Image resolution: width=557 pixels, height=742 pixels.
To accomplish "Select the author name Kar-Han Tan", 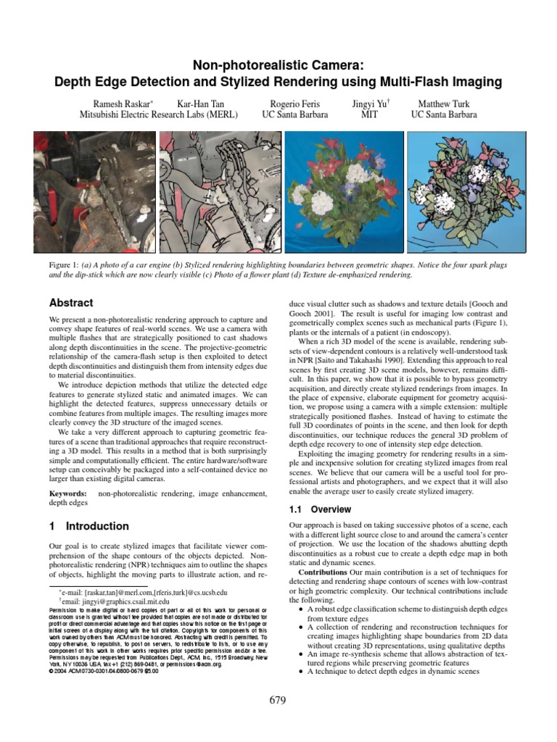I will [x=200, y=104].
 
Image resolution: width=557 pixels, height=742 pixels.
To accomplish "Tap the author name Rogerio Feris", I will [x=294, y=104].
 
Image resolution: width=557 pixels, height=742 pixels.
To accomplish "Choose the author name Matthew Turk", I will [x=444, y=104].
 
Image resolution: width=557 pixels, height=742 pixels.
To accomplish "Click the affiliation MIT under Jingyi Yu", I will [x=369, y=114].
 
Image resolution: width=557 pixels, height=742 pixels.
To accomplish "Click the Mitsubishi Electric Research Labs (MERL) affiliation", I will [x=161, y=114].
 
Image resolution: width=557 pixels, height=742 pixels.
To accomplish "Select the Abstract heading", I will [x=70, y=303].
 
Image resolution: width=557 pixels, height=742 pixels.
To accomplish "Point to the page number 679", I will [x=278, y=700].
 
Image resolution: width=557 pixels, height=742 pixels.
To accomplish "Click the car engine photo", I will [x=95, y=196].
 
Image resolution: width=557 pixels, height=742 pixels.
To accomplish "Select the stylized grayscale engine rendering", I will [x=220, y=196].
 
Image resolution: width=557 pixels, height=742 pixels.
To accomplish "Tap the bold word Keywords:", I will [x=68, y=493].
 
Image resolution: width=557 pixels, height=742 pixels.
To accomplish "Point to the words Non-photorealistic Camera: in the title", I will [x=278, y=65].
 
